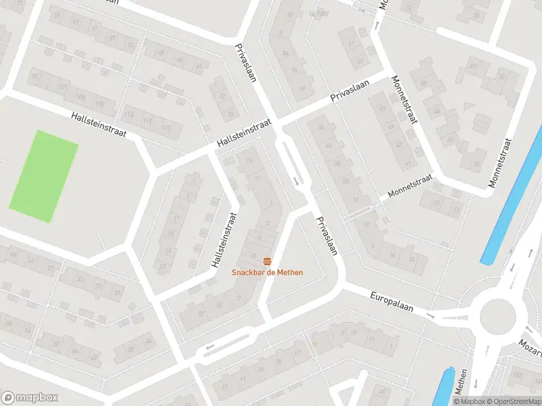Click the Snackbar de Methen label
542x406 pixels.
[267, 273]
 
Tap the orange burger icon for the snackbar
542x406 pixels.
[268, 261]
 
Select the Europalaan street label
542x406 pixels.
[392, 302]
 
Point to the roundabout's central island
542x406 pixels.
[498, 315]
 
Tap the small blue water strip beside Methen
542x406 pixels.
[443, 387]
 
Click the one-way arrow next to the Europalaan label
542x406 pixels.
[430, 315]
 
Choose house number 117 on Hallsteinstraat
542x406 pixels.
[148, 121]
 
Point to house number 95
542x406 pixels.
[35, 76]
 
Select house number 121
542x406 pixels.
[166, 128]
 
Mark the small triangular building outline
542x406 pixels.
[468, 106]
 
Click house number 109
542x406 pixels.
[100, 104]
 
